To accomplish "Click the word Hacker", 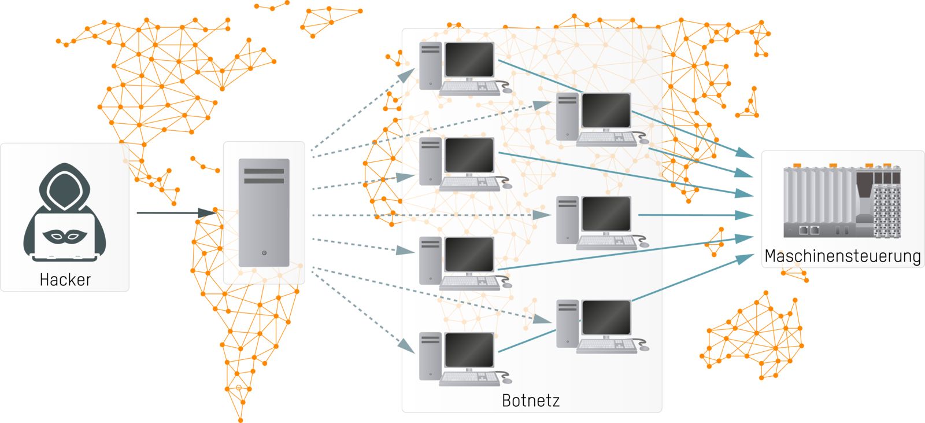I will point(65,280).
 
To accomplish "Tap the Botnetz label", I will point(531,400).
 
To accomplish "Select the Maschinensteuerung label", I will point(842,256).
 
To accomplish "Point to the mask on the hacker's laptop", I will point(65,235).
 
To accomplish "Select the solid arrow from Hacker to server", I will point(173,213).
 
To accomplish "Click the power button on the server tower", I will point(264,253).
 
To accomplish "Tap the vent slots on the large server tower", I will point(264,176).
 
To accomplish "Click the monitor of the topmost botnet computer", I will point(469,60).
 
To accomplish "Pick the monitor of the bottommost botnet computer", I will point(469,351).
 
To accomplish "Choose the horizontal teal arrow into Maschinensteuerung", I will point(694,215).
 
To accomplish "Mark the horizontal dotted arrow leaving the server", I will point(428,215).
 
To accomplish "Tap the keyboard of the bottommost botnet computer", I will point(469,378).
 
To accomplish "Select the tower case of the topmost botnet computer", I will point(430,65).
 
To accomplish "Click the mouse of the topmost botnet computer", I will point(507,90).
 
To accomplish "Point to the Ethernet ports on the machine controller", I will point(809,230).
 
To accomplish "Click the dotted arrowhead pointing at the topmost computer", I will point(408,75).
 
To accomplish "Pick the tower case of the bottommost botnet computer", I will point(430,356).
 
